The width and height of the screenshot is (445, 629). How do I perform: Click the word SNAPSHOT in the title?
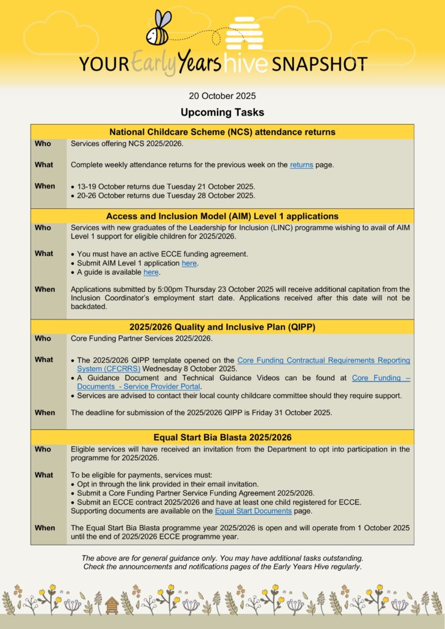pyautogui.click(x=319, y=64)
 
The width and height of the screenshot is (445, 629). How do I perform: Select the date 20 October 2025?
pyautogui.click(x=222, y=96)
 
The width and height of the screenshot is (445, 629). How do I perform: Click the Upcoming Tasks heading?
pyautogui.click(x=222, y=112)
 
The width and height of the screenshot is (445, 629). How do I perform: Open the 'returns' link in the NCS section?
pyautogui.click(x=301, y=165)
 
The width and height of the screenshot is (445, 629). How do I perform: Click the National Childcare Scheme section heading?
pyautogui.click(x=222, y=131)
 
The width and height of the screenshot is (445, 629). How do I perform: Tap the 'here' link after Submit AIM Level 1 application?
pyautogui.click(x=189, y=263)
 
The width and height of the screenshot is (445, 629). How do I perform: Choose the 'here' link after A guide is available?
pyautogui.click(x=151, y=272)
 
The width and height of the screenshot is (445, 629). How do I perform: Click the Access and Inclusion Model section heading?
pyautogui.click(x=222, y=216)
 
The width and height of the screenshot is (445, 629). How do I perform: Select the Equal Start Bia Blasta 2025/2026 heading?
pyautogui.click(x=222, y=437)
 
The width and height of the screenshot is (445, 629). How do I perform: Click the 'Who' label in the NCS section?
pyautogui.click(x=43, y=143)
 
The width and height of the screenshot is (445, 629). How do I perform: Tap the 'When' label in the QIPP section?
pyautogui.click(x=45, y=413)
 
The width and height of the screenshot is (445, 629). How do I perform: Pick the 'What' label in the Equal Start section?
pyautogui.click(x=44, y=475)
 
